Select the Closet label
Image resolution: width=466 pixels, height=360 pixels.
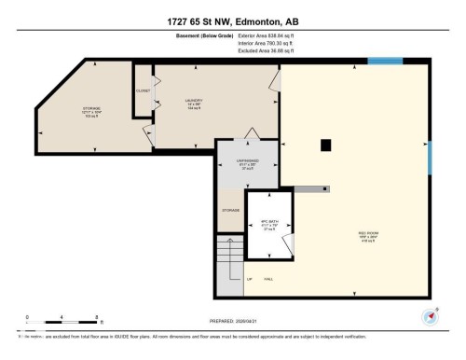pos(143,90)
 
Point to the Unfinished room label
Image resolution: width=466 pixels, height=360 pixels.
pos(246,164)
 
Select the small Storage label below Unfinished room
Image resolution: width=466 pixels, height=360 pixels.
pos(230,211)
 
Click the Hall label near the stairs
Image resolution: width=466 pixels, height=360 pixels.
pos(268,279)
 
